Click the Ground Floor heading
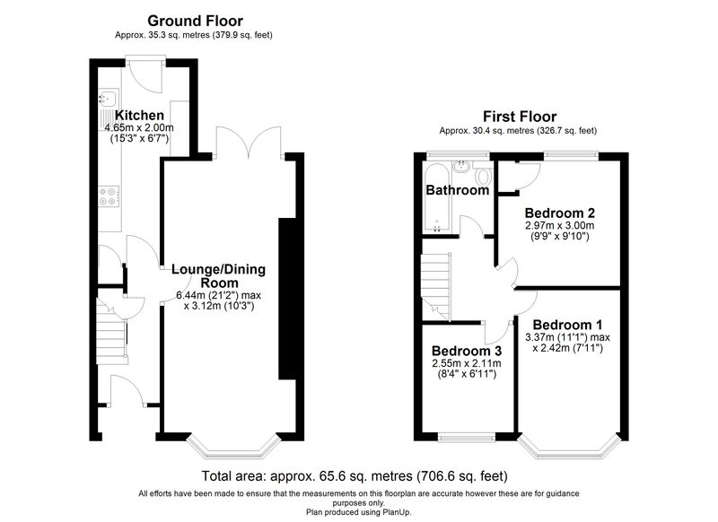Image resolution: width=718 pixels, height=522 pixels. point(195,21)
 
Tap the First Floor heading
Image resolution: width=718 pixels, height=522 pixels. point(520,117)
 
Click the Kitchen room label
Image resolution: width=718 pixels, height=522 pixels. point(139,115)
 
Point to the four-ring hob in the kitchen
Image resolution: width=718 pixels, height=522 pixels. point(109,196)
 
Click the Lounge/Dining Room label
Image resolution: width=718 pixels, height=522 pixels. point(219,275)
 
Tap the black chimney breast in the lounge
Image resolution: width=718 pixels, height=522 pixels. point(288,299)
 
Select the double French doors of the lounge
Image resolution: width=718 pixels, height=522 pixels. point(249,143)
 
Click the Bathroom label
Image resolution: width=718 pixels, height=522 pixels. point(458,190)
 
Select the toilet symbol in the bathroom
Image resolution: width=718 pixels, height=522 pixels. point(483,174)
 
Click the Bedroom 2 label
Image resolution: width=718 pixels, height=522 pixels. point(559,213)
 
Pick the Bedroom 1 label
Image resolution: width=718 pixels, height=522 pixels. point(567,325)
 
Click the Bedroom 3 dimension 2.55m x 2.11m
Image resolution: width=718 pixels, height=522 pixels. point(466,364)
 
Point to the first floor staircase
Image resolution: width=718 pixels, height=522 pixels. point(436,287)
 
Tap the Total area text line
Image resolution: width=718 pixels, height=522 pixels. point(355,476)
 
